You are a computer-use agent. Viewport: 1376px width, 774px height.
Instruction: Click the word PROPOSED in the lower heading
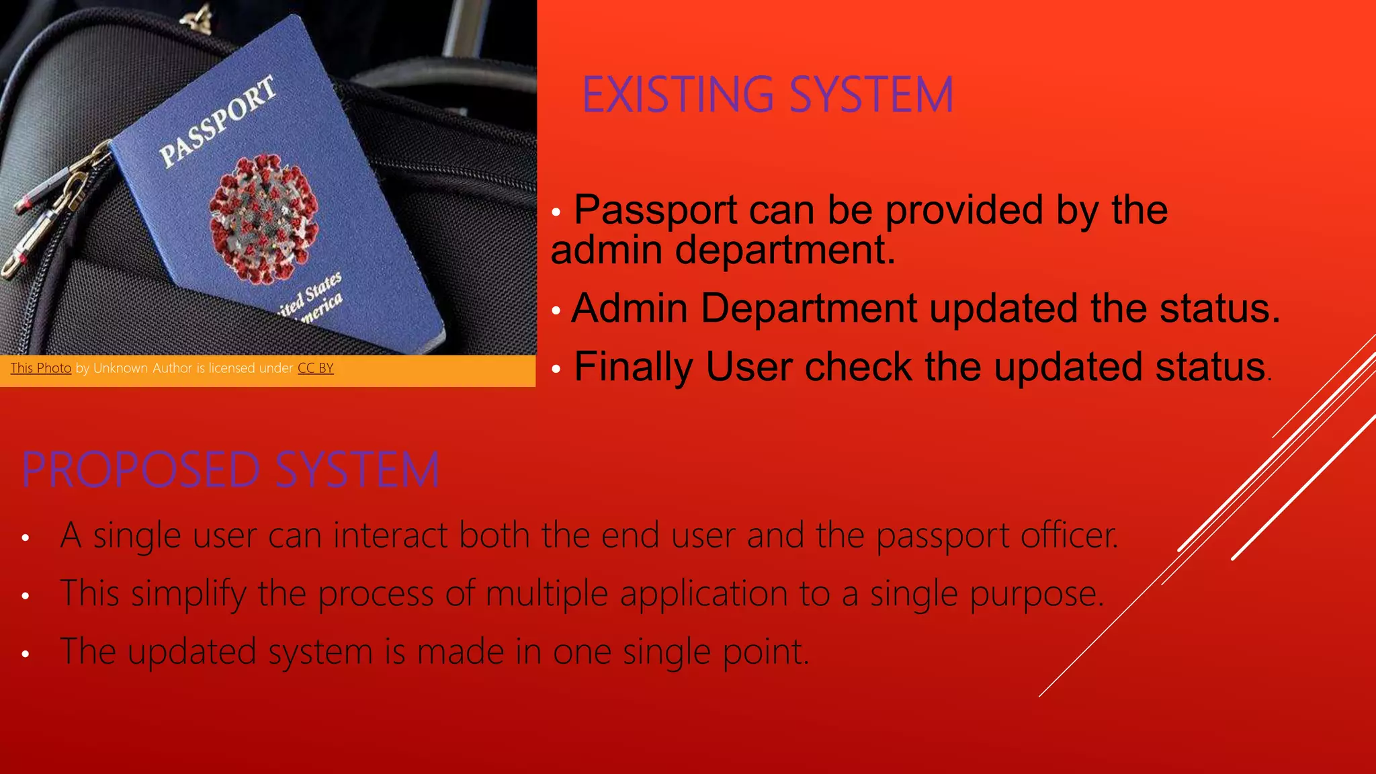140,470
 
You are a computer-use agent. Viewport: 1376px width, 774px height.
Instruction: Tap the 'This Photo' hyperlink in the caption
41,368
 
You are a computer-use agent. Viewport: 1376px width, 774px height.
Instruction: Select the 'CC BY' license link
316,368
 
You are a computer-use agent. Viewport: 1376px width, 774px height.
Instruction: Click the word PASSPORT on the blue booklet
218,122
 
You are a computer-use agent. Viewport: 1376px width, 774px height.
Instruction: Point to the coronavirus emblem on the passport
263,219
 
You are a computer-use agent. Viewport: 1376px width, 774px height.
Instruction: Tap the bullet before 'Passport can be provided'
556,213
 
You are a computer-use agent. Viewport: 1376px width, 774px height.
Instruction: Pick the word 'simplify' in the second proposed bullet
188,594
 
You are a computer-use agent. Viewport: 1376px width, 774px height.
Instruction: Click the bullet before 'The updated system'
26,654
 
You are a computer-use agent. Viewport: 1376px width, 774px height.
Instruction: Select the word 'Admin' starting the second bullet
629,308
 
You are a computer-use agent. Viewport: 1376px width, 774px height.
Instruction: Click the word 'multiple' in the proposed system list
546,594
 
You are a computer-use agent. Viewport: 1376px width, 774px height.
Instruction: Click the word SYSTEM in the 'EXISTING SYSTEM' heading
871,95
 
